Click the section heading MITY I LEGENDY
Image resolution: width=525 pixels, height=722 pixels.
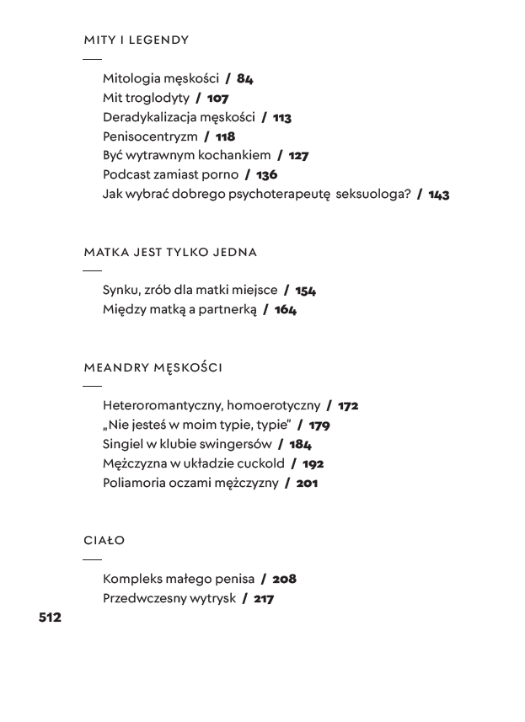pos(136,40)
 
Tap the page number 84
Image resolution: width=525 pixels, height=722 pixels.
pos(244,78)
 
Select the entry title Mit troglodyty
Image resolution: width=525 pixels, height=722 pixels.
pos(146,98)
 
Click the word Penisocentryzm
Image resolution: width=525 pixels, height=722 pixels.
pos(150,136)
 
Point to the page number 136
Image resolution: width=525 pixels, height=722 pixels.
pos(266,175)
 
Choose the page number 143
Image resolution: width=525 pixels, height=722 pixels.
pos(438,195)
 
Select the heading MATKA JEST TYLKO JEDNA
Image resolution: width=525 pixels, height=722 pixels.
pos(170,252)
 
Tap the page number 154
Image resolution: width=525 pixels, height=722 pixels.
pos(305,291)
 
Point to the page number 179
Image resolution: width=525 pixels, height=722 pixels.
pos(319,425)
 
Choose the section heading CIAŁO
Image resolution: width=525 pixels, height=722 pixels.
pos(104,540)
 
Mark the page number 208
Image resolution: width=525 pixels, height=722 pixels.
pos(284,580)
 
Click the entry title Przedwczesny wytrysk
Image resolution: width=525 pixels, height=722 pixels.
pos(169,599)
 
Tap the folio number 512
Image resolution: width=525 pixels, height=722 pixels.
pos(50,618)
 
